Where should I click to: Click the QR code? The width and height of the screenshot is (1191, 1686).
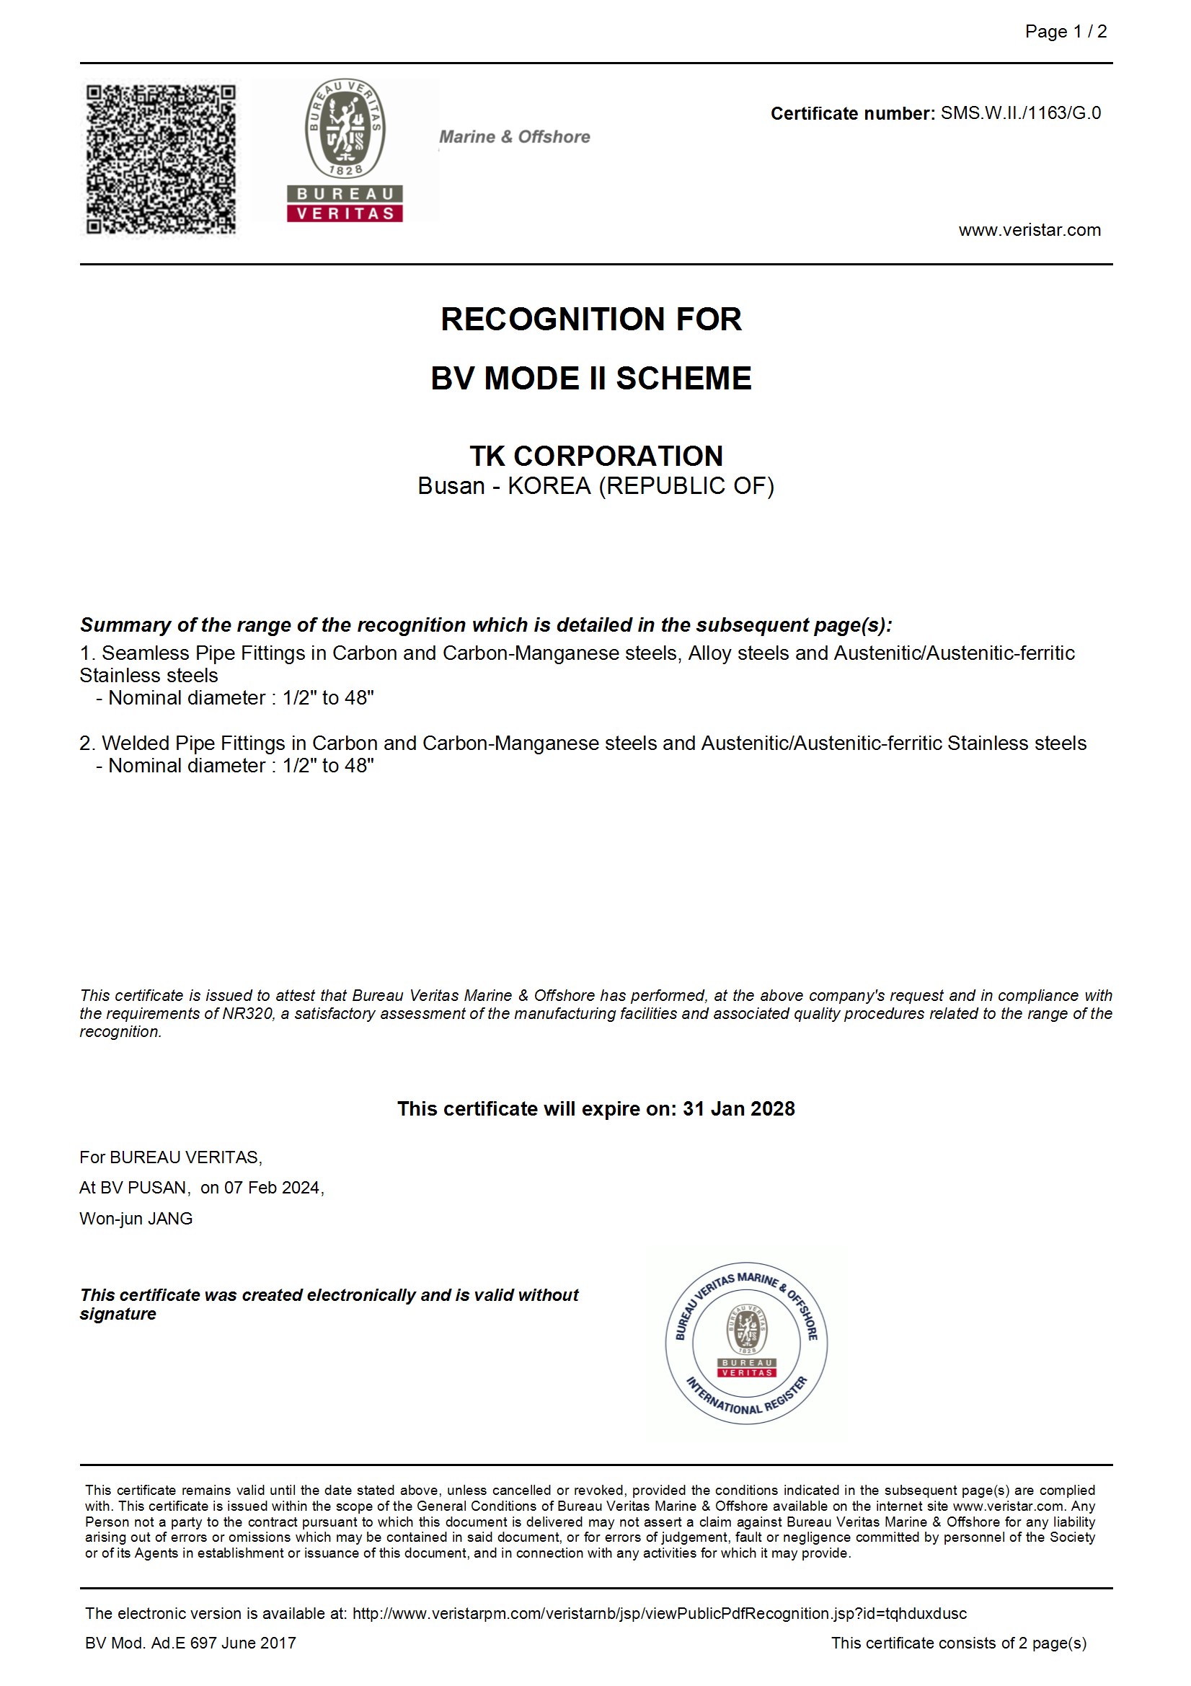161,159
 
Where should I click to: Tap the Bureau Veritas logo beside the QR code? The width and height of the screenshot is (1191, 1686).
345,151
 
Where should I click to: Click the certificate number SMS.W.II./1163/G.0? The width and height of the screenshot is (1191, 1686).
1020,113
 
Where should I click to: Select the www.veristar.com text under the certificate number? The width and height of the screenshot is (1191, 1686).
1029,230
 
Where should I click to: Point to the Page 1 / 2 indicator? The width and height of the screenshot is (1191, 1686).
1066,32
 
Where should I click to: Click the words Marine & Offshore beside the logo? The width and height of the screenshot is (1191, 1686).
514,136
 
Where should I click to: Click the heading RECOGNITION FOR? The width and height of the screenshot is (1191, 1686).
591,319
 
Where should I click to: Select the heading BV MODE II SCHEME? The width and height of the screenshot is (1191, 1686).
591,379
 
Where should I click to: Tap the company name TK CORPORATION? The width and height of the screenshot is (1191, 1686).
595,456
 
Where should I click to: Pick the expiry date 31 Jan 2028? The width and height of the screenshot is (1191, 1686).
738,1108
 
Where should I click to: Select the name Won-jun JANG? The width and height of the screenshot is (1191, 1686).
136,1218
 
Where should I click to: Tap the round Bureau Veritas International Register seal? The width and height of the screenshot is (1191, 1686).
746,1343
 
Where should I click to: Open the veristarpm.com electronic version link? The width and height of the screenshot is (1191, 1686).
659,1613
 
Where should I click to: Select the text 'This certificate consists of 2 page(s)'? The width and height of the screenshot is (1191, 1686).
958,1643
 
